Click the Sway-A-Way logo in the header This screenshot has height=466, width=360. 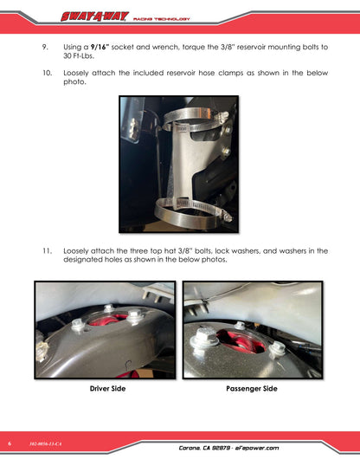(x=94, y=16)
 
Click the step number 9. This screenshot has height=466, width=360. (x=45, y=47)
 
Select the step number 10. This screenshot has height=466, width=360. (x=47, y=73)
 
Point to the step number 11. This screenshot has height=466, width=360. (x=47, y=251)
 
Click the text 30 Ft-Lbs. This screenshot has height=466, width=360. (x=79, y=56)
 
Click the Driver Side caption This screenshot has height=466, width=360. (x=107, y=388)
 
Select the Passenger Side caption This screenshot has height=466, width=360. (x=252, y=388)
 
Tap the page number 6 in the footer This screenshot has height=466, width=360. (x=10, y=443)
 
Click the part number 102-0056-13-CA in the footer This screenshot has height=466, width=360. (x=46, y=443)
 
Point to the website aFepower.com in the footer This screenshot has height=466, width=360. (x=257, y=448)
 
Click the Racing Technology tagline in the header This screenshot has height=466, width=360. (x=162, y=19)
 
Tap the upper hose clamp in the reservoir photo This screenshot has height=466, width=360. (x=195, y=120)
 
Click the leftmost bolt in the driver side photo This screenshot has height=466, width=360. (x=78, y=325)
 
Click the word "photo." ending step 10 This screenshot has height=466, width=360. (x=74, y=82)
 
